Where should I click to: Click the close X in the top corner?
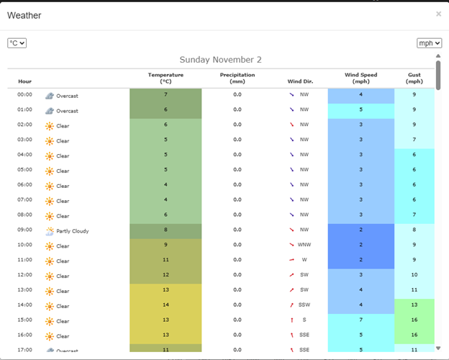point(438,14)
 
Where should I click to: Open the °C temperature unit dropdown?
point(17,43)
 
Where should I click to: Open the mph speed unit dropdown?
point(429,43)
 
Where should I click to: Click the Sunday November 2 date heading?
point(221,60)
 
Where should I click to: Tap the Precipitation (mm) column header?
point(237,78)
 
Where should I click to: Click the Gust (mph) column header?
point(414,78)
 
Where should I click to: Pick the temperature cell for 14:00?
point(165,306)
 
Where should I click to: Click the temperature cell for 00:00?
point(165,95)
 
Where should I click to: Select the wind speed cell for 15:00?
point(360,321)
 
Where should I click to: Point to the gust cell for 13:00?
point(414,291)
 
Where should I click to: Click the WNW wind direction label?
point(304,246)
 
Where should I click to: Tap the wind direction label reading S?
point(304,321)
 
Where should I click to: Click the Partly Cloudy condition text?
point(72,231)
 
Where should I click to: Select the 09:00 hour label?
point(25,230)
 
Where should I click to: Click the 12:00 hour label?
point(25,276)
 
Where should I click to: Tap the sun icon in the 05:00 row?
point(50,171)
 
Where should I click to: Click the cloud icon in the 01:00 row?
point(50,111)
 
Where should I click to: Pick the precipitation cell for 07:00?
point(237,200)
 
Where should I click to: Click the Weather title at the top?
point(24,15)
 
